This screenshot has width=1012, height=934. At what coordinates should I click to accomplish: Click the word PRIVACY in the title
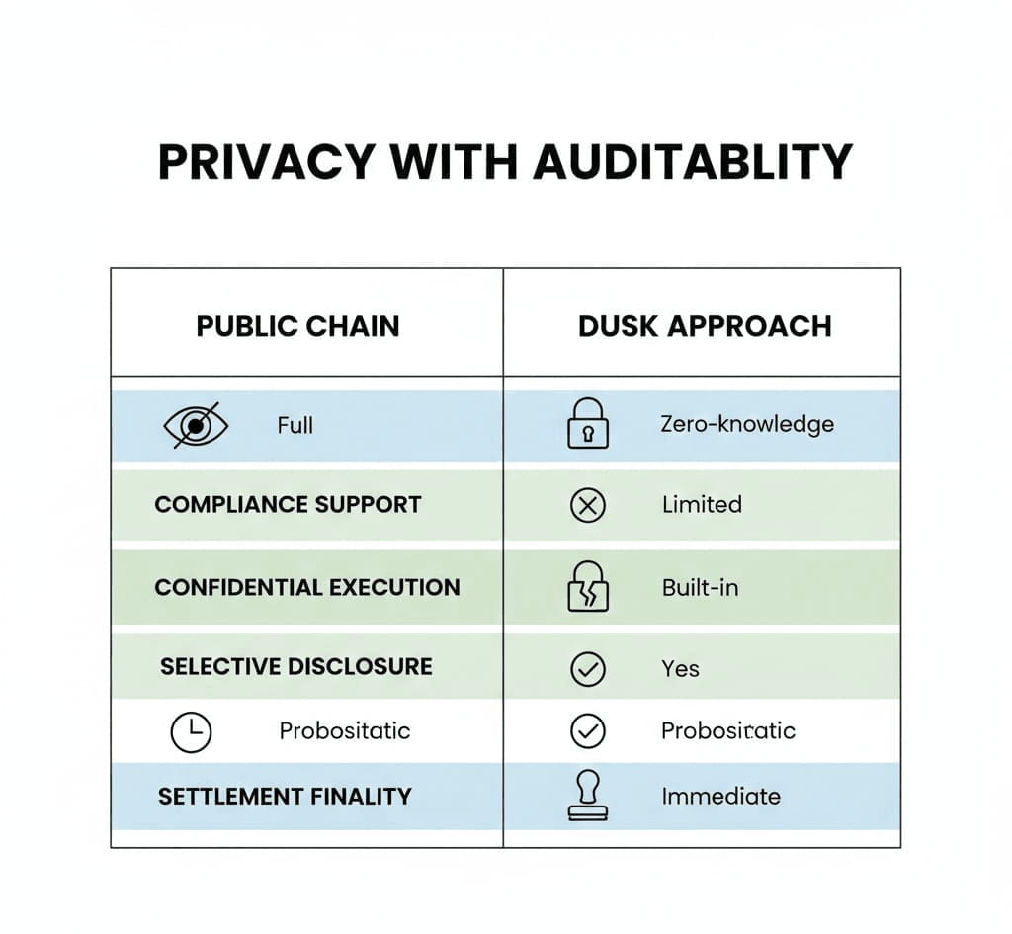(267, 162)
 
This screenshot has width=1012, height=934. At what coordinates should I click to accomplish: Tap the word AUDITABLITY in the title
(693, 162)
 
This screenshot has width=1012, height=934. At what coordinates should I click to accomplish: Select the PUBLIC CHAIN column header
(297, 326)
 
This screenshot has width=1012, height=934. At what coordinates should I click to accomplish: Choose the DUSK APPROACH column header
(705, 326)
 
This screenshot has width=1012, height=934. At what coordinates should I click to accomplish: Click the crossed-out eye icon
(196, 425)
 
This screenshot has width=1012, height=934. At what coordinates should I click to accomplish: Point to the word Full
(295, 425)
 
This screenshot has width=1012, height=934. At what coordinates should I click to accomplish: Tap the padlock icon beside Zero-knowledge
(588, 423)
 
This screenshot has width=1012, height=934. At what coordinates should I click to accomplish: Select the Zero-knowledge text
(747, 425)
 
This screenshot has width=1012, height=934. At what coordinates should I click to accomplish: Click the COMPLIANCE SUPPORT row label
(288, 505)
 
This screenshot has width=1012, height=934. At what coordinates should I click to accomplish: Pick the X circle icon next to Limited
(588, 505)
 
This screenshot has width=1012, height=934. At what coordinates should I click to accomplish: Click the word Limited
(703, 505)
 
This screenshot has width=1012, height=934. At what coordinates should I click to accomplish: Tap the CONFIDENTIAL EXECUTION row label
(307, 587)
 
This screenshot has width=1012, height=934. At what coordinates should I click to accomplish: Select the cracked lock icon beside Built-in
(588, 586)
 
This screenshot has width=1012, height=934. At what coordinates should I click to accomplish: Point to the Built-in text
(701, 588)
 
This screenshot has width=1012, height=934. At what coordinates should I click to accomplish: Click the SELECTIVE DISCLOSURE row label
(296, 667)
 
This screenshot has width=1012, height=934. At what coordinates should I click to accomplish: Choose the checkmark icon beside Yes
(588, 669)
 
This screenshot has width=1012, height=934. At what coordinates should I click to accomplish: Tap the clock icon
(191, 732)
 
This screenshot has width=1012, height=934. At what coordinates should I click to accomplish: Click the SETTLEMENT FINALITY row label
(285, 797)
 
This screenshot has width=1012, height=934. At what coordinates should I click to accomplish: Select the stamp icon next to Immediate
(588, 796)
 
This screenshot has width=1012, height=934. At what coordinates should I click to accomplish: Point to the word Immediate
(720, 797)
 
